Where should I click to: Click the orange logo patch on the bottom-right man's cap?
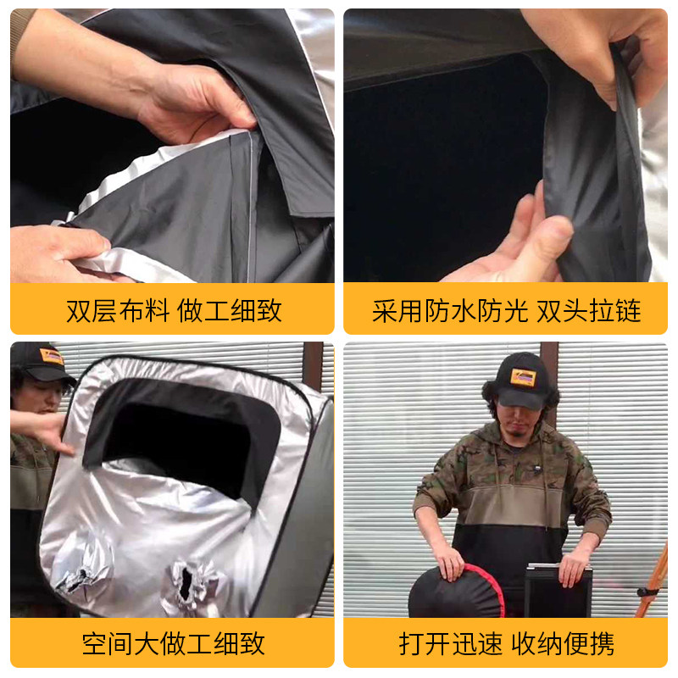523,377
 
